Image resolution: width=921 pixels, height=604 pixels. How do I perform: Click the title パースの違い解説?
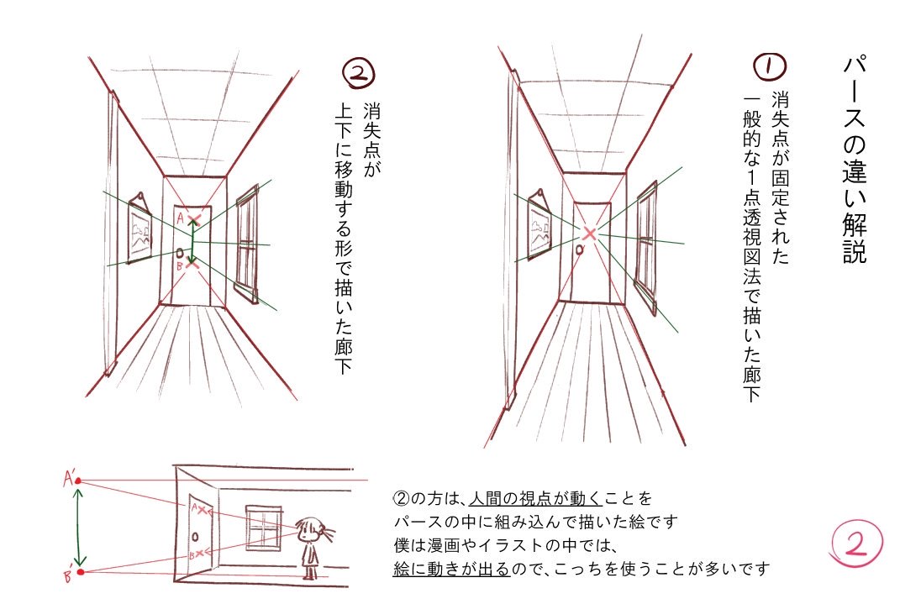point(854,160)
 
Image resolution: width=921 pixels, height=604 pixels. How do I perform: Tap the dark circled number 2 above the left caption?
point(359,75)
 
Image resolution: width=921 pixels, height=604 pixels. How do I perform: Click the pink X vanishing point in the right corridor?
point(590,233)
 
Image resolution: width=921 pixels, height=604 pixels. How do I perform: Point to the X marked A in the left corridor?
point(194,221)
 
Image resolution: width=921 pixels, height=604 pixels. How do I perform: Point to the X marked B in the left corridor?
point(192,263)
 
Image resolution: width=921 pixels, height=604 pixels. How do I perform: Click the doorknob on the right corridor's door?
point(581,249)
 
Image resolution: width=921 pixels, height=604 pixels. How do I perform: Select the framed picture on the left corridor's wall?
point(139,231)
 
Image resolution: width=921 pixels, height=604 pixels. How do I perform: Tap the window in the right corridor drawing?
point(645,243)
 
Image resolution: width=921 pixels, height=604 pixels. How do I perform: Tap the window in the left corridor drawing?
point(246,244)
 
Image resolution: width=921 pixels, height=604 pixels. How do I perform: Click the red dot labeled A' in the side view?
point(78,481)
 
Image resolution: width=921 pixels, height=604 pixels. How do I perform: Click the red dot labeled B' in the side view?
point(80,573)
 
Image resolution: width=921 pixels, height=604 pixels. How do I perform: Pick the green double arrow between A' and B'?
point(79,527)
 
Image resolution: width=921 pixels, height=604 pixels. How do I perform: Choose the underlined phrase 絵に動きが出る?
point(451,569)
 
